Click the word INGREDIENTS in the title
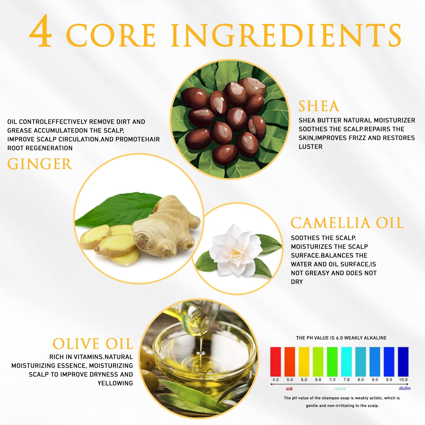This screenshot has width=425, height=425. (x=286, y=35)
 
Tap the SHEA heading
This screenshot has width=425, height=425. (x=319, y=106)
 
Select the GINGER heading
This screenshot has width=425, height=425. (x=40, y=164)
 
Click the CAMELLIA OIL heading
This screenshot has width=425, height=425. (x=347, y=223)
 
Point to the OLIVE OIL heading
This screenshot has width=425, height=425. (x=93, y=344)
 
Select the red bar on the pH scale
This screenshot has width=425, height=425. (x=275, y=362)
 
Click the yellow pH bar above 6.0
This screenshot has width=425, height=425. (x=304, y=362)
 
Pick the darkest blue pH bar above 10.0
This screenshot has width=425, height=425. (x=403, y=362)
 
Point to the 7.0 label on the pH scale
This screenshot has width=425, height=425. (x=332, y=380)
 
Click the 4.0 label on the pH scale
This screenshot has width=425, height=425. (x=275, y=380)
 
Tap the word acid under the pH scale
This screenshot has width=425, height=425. (x=289, y=388)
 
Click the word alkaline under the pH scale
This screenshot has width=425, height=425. (x=405, y=388)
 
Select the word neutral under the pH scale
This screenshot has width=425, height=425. (x=340, y=388)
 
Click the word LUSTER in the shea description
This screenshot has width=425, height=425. (x=311, y=147)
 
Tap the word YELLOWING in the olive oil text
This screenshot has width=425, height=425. (x=115, y=383)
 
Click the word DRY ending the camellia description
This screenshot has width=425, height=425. (x=297, y=282)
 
